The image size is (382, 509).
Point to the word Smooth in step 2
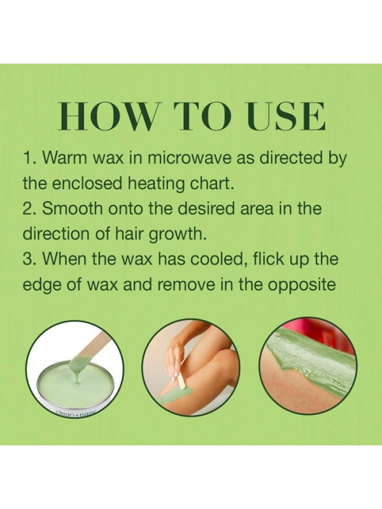coord(72,209)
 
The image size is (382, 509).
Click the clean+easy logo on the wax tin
coord(76,413)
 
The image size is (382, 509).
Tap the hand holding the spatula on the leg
coord(173,361)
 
